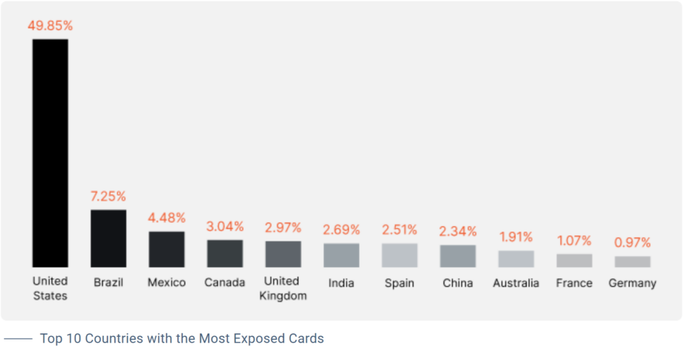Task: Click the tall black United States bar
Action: [50, 153]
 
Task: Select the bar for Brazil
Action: [108, 239]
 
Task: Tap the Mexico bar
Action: [166, 249]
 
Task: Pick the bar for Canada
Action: [225, 253]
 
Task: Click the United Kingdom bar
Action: [283, 254]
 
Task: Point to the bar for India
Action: [341, 255]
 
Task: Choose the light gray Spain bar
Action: [400, 255]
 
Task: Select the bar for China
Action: [458, 256]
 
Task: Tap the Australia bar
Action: [516, 259]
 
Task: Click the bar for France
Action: [574, 261]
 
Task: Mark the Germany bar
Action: [632, 261]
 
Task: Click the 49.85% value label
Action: [50, 26]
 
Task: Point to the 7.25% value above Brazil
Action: [108, 197]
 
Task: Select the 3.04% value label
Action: [225, 227]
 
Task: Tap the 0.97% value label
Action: [632, 243]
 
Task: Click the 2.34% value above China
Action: [458, 231]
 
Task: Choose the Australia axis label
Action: [516, 283]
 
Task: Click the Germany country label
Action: [632, 283]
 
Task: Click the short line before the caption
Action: [18, 339]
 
